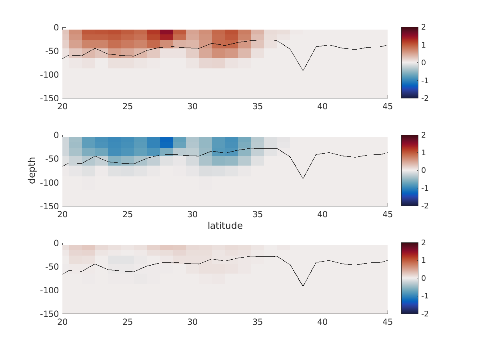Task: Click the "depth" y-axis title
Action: point(32,170)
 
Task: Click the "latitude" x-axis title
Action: point(225,226)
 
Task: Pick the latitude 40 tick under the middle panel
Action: point(322,214)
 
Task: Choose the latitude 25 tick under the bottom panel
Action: point(128,322)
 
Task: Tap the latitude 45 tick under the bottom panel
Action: point(387,322)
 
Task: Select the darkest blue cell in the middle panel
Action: point(166,142)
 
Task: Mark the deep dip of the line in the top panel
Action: point(303,70)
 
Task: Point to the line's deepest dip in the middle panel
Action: point(303,178)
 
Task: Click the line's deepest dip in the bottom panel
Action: point(303,286)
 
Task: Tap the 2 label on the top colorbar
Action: point(423,27)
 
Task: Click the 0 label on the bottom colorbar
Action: point(423,278)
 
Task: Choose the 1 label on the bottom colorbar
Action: point(423,260)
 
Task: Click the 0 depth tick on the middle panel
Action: point(56,136)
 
